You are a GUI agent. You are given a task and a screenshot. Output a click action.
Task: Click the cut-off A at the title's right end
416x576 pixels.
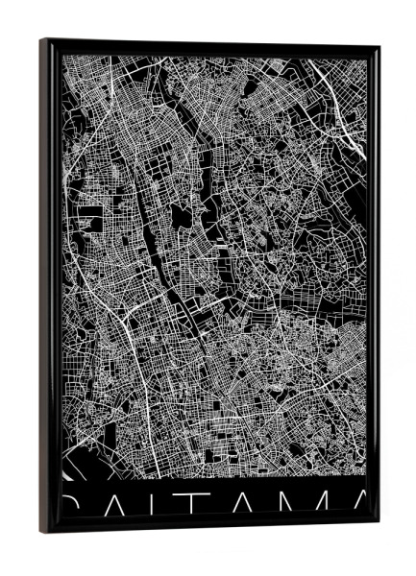[x=356, y=506]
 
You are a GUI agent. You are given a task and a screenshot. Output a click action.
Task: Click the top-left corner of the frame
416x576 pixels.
[x=41, y=39]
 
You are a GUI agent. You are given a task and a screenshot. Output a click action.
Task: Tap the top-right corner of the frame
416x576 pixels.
[x=379, y=46]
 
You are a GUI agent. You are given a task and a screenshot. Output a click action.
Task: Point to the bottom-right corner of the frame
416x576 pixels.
[x=379, y=525]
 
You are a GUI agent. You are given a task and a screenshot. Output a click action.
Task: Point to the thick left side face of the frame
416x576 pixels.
[x=46, y=288]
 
